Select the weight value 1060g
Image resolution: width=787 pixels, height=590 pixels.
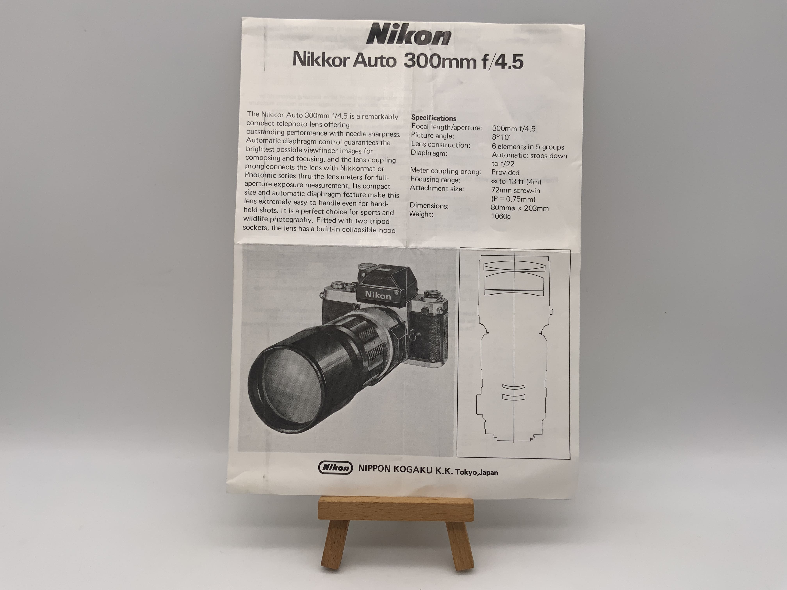[x=501, y=216]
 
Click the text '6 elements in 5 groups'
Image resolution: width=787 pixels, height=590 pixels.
[x=528, y=147]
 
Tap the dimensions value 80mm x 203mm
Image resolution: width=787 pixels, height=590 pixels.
[x=519, y=208]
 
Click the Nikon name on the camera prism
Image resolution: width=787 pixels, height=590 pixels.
[x=377, y=295]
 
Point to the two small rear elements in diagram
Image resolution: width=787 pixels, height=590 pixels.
[x=514, y=392]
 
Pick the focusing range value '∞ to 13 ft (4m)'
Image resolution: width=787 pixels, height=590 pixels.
[x=516, y=181]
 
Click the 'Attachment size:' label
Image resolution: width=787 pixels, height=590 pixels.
[x=437, y=188]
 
